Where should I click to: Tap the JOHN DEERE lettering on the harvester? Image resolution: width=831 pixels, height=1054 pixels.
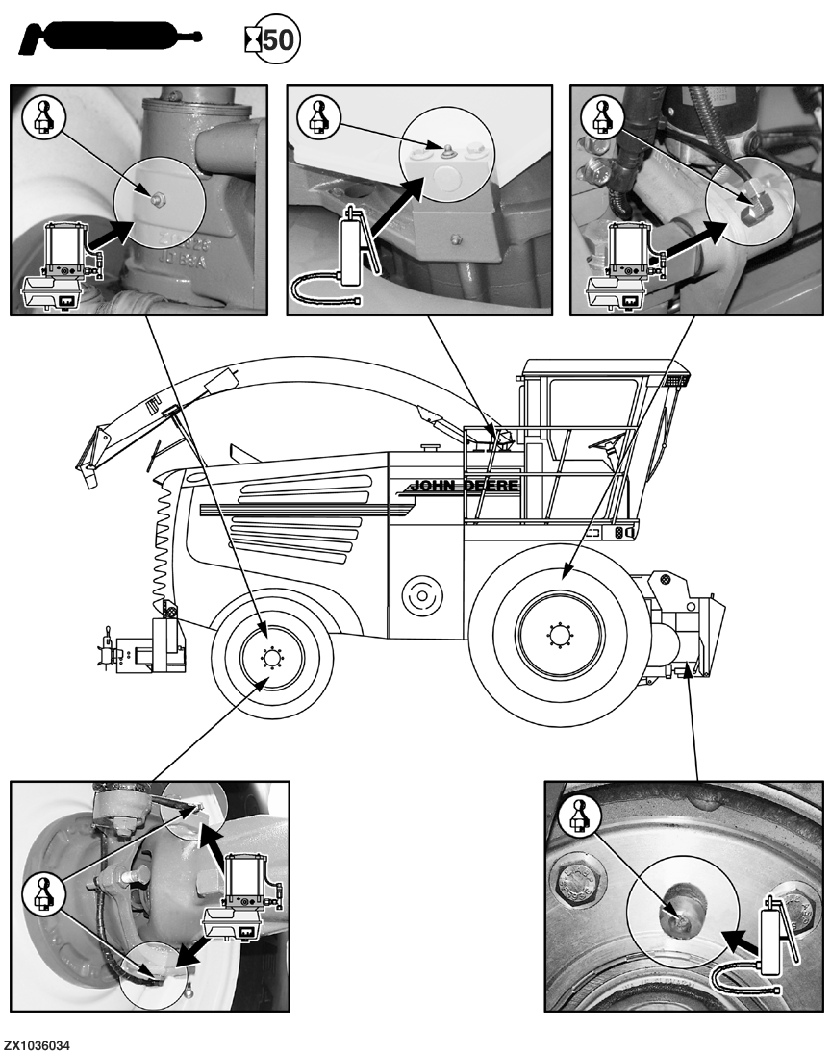pyautogui.click(x=467, y=486)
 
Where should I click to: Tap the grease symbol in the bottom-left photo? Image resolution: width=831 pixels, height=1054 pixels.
pyautogui.click(x=41, y=894)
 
